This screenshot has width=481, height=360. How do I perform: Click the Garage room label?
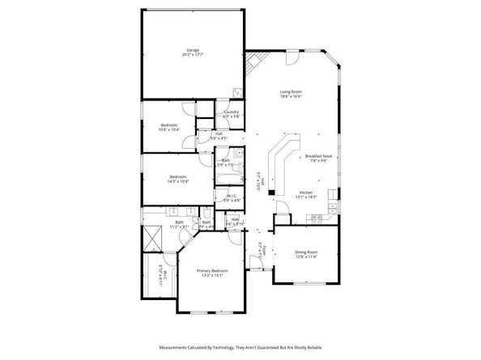pyautogui.click(x=193, y=51)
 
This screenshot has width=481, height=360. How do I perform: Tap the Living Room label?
pyautogui.click(x=291, y=92)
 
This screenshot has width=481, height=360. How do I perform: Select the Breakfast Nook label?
pyautogui.click(x=316, y=155)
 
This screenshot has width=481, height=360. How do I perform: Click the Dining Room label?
pyautogui.click(x=306, y=252)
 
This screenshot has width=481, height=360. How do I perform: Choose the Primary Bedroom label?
pyautogui.click(x=213, y=270)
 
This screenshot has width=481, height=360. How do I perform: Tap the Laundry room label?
pyautogui.click(x=231, y=112)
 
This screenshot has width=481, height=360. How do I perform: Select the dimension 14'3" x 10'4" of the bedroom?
pyautogui.click(x=178, y=181)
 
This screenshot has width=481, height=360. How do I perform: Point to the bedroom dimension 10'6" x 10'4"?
pyautogui.click(x=169, y=129)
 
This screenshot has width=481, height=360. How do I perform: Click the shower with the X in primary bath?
pyautogui.click(x=154, y=239)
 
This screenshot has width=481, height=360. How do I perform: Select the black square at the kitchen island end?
pyautogui.click(x=271, y=193)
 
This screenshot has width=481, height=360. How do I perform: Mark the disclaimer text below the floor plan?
pyautogui.click(x=240, y=342)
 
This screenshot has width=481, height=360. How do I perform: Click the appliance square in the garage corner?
pyautogui.click(x=237, y=92)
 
